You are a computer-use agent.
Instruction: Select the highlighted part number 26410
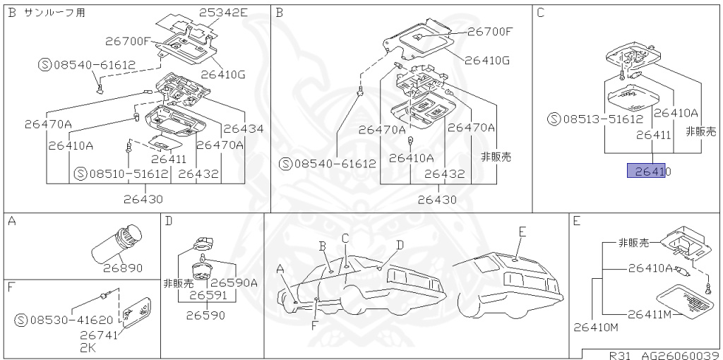pyautogui.click(x=649, y=171)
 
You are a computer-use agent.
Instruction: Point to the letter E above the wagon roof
pyautogui.click(x=522, y=231)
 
